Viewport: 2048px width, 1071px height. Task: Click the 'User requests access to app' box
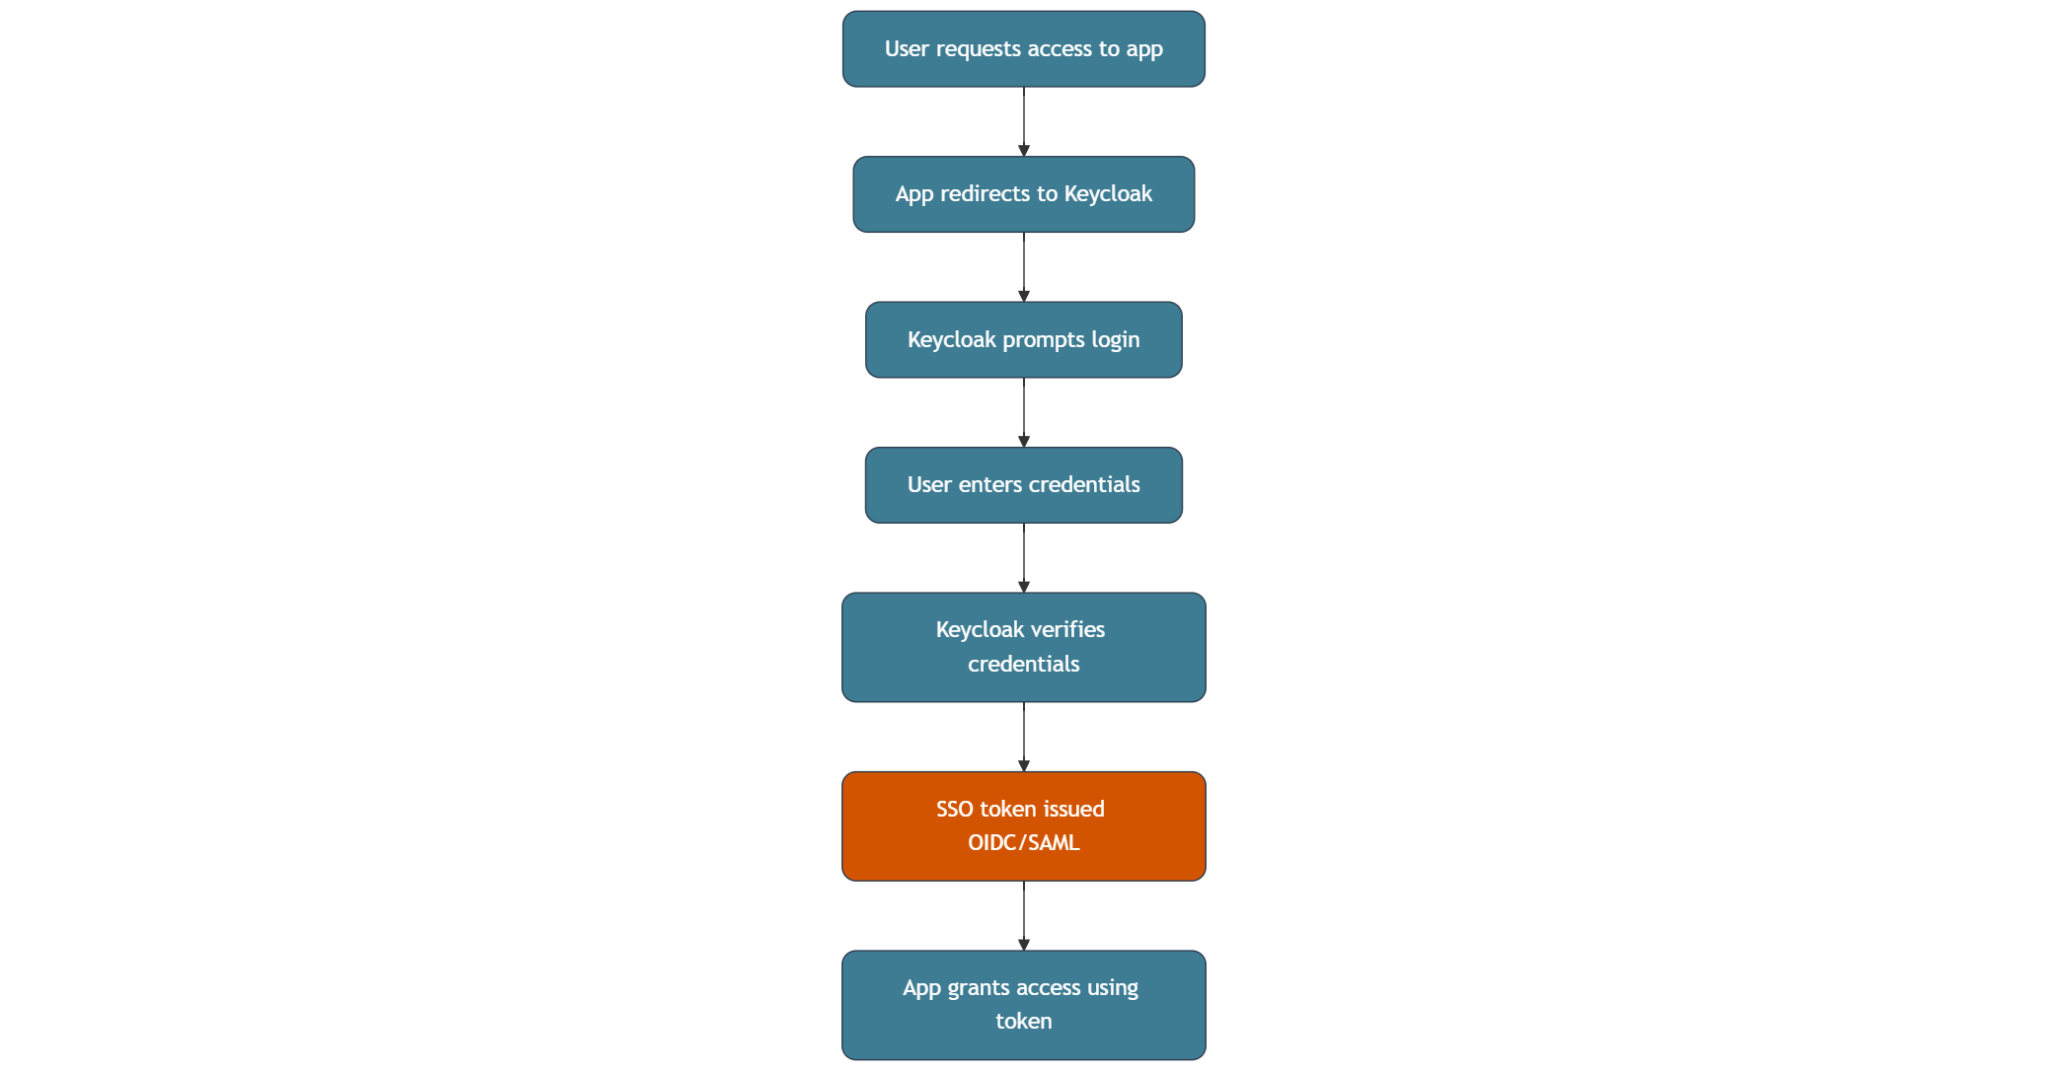pyautogui.click(x=1023, y=49)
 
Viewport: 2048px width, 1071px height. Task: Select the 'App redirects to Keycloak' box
pyautogui.click(x=1023, y=194)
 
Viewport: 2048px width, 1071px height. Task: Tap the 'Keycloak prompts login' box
pyautogui.click(x=1023, y=340)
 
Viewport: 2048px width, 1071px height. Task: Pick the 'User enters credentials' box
pyautogui.click(x=1023, y=485)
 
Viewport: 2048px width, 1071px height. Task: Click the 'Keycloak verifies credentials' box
pyautogui.click(x=1023, y=647)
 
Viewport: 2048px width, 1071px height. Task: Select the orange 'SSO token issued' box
pyautogui.click(x=1023, y=826)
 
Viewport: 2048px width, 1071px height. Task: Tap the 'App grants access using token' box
pyautogui.click(x=1023, y=1004)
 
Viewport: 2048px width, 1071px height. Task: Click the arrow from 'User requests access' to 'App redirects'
pyautogui.click(x=1023, y=122)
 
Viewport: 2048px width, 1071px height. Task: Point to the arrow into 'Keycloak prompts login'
pyautogui.click(x=1023, y=267)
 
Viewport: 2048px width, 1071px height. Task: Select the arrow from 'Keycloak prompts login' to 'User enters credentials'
pyautogui.click(x=1023, y=412)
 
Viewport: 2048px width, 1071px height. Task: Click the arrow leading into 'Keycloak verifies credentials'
pyautogui.click(x=1023, y=558)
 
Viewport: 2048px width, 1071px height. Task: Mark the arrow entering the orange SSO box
pyautogui.click(x=1023, y=737)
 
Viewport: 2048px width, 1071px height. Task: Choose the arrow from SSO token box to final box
pyautogui.click(x=1023, y=916)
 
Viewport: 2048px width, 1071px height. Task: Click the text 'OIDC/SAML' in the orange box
pyautogui.click(x=1023, y=843)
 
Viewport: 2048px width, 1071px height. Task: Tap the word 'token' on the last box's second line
pyautogui.click(x=1023, y=1021)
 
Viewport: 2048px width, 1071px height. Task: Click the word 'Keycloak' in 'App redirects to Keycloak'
pyautogui.click(x=1108, y=194)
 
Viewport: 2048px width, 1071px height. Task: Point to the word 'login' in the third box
pyautogui.click(x=1115, y=340)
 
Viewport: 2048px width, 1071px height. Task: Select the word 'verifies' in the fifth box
pyautogui.click(x=1067, y=630)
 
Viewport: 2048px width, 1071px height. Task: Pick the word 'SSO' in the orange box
pyautogui.click(x=954, y=809)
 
